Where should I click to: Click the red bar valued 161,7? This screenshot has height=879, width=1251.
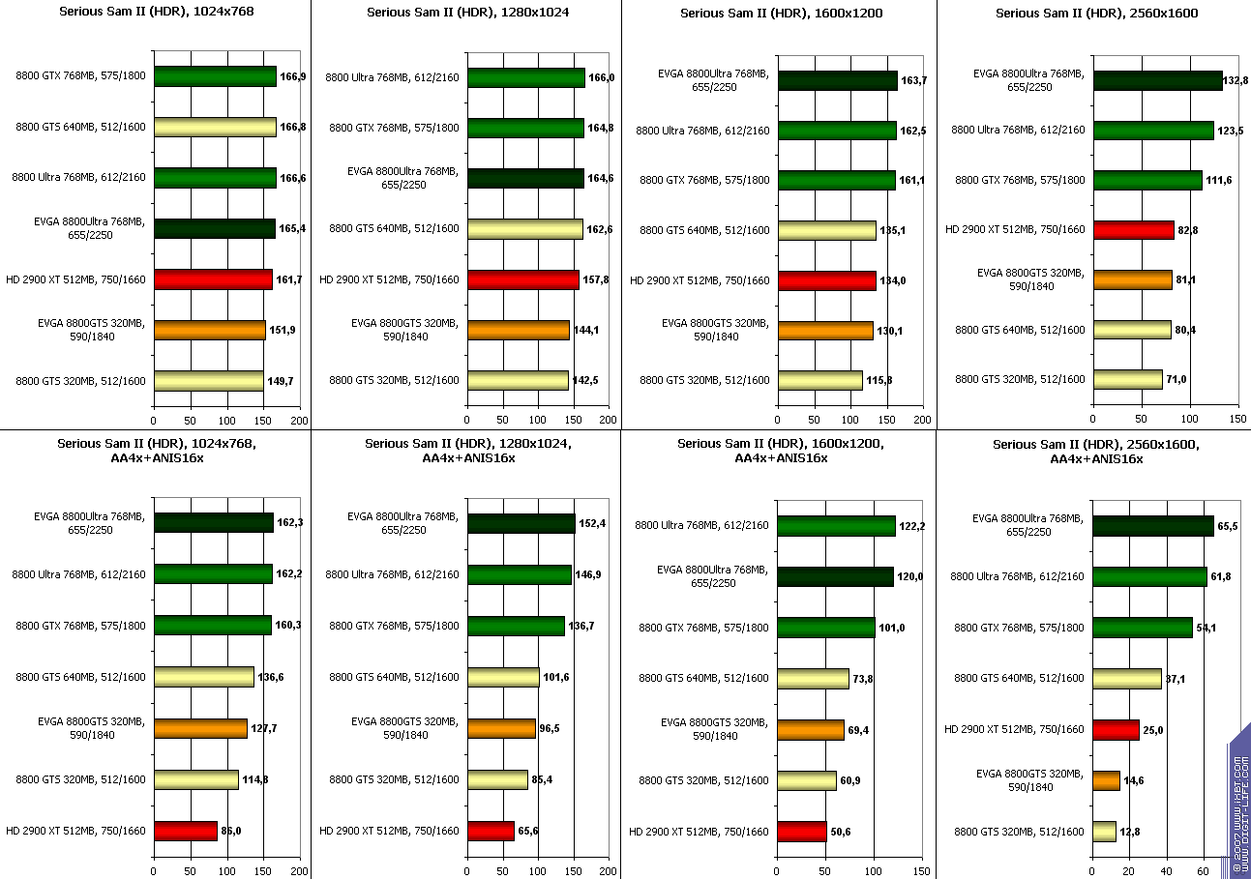tap(213, 279)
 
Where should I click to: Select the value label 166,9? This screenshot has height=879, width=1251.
tap(292, 76)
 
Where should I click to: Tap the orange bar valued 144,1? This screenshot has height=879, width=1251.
tap(518, 330)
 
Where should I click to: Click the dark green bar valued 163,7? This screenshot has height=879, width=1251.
tap(837, 80)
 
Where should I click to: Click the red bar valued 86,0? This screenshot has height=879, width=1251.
tap(185, 831)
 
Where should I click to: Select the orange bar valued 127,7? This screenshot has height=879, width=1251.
tap(200, 728)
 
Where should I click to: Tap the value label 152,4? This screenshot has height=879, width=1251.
tap(592, 523)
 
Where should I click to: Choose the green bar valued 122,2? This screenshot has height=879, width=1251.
tap(836, 525)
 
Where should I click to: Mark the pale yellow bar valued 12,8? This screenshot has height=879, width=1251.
tap(1104, 831)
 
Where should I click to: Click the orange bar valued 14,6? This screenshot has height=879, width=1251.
tap(1106, 779)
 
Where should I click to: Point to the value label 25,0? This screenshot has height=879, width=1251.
tap(1153, 730)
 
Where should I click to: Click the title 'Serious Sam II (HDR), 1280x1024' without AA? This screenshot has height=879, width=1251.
tap(467, 13)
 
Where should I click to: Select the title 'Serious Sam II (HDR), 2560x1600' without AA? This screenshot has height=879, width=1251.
tap(1094, 13)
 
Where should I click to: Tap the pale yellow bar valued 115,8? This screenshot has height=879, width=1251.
tap(819, 380)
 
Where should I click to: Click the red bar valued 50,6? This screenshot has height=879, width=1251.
tap(802, 831)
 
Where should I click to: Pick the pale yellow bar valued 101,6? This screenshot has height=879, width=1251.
tap(503, 677)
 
